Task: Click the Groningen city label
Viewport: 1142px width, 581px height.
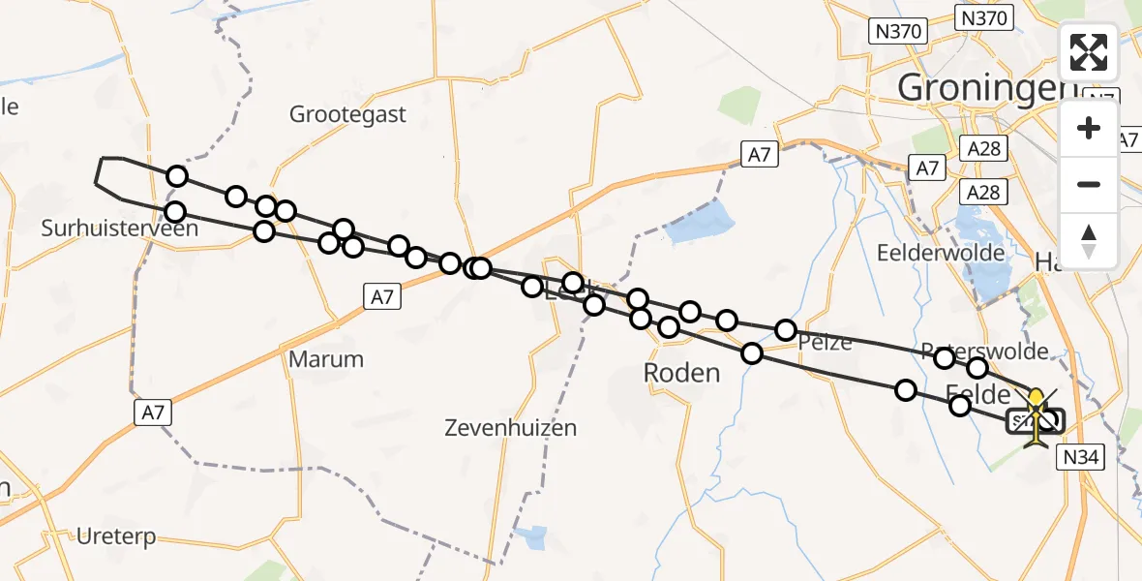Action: (x=987, y=87)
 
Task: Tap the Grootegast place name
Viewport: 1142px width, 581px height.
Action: (x=348, y=114)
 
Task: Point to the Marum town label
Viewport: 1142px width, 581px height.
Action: (x=326, y=359)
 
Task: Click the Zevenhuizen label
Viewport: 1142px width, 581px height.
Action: (x=510, y=427)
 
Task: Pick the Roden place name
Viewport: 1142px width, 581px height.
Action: (x=682, y=373)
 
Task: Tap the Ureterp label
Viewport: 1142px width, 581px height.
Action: (x=115, y=537)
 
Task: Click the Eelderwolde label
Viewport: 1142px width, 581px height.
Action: (x=924, y=252)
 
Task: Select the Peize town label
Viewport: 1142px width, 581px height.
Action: (x=825, y=342)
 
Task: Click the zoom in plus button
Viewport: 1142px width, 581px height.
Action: (x=1089, y=128)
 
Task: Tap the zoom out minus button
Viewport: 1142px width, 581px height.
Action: (x=1089, y=184)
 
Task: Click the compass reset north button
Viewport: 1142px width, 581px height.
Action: (x=1089, y=240)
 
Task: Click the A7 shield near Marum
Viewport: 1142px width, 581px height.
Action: (x=382, y=297)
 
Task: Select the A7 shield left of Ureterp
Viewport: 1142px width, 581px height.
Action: (x=152, y=413)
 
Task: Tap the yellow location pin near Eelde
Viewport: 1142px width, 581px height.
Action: (x=1037, y=400)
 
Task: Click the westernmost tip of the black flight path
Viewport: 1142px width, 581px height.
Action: (x=95, y=180)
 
